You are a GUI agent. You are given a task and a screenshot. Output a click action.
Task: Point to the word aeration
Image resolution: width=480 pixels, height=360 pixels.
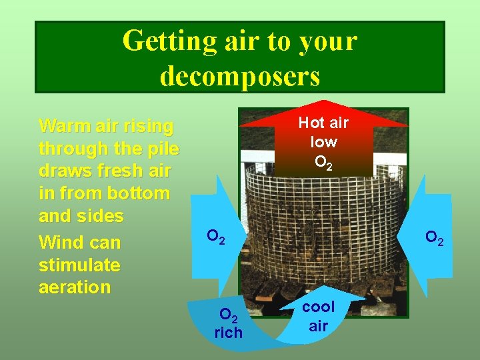[x=75, y=287]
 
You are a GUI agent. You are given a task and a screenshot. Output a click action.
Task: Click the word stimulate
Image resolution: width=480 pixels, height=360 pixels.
[x=79, y=265]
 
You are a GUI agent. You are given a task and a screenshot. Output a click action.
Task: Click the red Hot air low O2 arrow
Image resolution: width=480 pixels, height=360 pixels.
[x=323, y=140]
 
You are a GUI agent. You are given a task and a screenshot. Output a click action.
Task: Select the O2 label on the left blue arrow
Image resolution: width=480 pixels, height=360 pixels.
[x=215, y=236]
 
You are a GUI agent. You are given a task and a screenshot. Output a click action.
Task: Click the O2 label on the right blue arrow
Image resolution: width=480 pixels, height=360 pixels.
[x=434, y=237]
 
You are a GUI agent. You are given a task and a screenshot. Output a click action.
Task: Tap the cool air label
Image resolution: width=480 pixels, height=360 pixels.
[x=318, y=317]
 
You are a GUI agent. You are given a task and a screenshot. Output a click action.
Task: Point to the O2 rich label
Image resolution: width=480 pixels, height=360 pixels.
[x=228, y=323]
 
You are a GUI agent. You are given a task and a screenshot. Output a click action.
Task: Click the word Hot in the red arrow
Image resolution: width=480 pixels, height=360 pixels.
[x=310, y=123]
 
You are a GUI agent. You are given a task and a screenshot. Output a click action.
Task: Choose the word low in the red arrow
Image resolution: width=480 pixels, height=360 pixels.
[x=323, y=142]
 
